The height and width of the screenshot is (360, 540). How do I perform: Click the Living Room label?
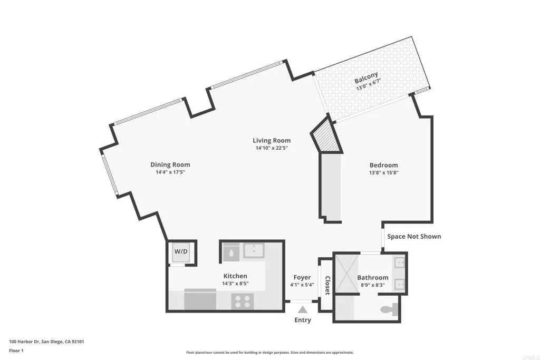[x=272, y=140]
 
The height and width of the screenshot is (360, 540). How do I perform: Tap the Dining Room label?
[x=170, y=164]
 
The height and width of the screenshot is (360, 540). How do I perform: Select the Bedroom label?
[x=383, y=165]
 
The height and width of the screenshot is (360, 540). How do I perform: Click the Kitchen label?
[x=235, y=276]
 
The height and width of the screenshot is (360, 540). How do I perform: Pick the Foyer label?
[x=302, y=277]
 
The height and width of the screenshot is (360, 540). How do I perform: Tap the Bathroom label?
[x=373, y=277]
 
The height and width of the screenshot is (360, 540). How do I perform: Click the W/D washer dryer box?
[x=181, y=252]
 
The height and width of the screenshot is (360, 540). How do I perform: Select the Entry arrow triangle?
[x=302, y=310]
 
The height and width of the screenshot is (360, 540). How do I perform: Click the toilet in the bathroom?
[x=391, y=310]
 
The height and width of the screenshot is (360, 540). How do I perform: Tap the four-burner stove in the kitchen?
[x=243, y=301]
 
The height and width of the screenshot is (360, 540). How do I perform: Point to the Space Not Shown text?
[x=414, y=236]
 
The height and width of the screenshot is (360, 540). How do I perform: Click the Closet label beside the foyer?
[x=327, y=285]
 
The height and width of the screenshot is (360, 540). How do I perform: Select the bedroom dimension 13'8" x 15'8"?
[x=383, y=172]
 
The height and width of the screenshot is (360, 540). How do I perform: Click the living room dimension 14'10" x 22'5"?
[x=272, y=148]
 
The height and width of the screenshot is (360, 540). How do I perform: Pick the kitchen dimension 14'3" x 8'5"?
[x=235, y=283]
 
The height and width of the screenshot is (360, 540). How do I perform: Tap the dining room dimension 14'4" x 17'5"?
[x=170, y=172]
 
